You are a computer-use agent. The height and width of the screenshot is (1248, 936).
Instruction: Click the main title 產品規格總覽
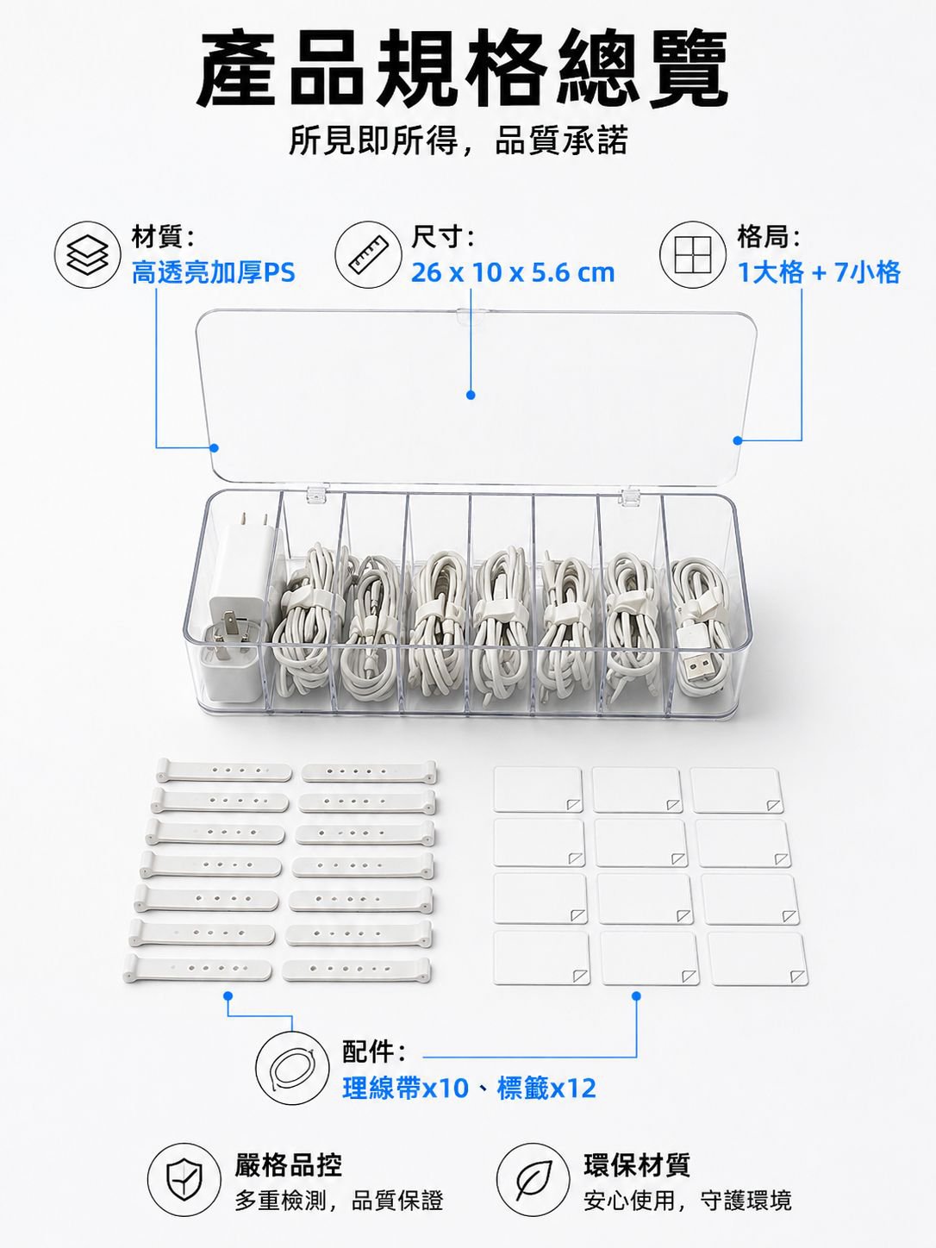coord(461,68)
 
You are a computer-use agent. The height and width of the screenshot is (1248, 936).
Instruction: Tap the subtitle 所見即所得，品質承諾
coord(458,140)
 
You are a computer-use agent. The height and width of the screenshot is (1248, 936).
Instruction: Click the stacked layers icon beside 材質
coord(88,254)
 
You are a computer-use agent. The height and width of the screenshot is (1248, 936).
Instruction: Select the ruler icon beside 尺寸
coord(368,254)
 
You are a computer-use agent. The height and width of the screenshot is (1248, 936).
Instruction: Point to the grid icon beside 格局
coord(693,254)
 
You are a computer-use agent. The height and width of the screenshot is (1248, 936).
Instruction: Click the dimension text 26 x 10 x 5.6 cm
coord(513,273)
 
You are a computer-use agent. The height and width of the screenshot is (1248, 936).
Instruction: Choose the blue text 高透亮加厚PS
coord(214,272)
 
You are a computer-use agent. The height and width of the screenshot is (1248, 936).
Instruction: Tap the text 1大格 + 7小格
coord(819,272)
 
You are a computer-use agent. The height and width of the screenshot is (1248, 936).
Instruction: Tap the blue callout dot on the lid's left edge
coord(215,447)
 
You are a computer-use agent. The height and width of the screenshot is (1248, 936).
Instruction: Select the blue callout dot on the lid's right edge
coord(738,440)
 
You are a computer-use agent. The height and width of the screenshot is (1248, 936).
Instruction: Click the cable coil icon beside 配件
coord(292,1068)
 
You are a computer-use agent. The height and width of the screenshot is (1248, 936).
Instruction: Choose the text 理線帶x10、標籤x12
coord(470,1089)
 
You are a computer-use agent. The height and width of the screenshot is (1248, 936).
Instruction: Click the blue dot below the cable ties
coord(228,995)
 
